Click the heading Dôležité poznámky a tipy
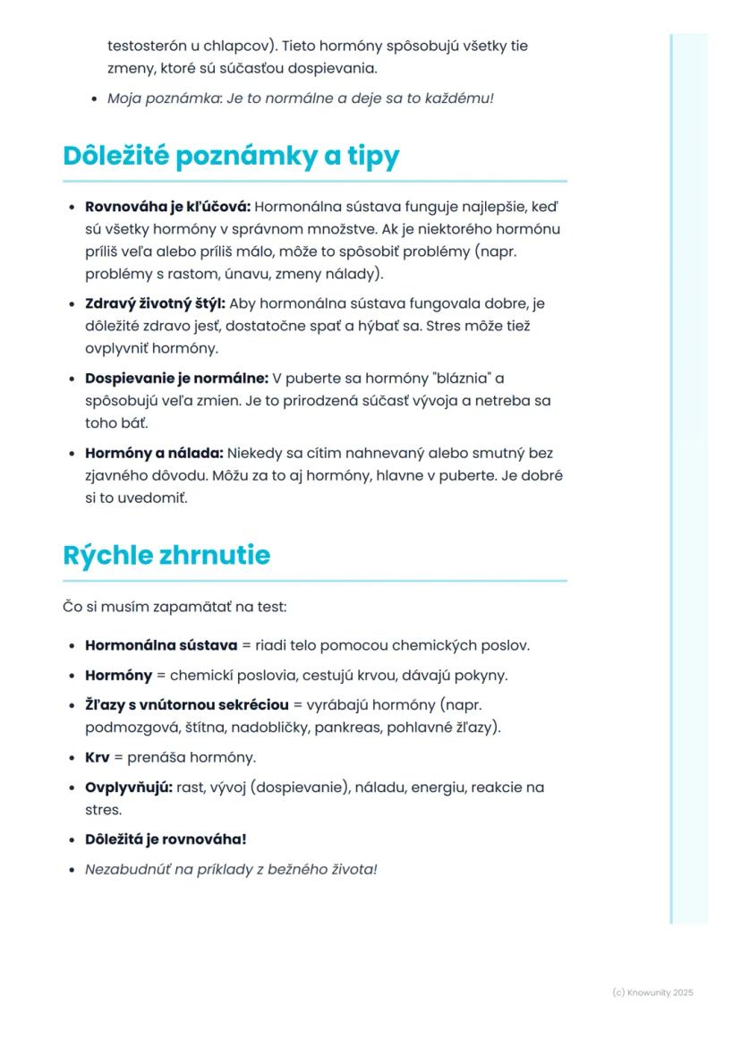click(x=231, y=156)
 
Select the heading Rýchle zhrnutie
click(x=166, y=555)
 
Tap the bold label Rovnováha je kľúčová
click(x=167, y=207)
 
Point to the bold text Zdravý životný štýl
click(x=154, y=303)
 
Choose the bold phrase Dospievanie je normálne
click(x=176, y=379)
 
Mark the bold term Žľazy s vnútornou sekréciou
click(x=186, y=705)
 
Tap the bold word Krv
click(x=97, y=757)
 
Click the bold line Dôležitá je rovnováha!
click(x=165, y=839)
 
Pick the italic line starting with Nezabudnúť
click(x=231, y=869)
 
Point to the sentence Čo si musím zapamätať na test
click(x=175, y=608)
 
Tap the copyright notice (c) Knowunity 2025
click(x=652, y=993)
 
